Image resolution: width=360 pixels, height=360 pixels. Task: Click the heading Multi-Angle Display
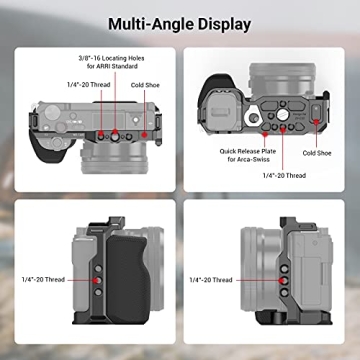coord(179,23)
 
